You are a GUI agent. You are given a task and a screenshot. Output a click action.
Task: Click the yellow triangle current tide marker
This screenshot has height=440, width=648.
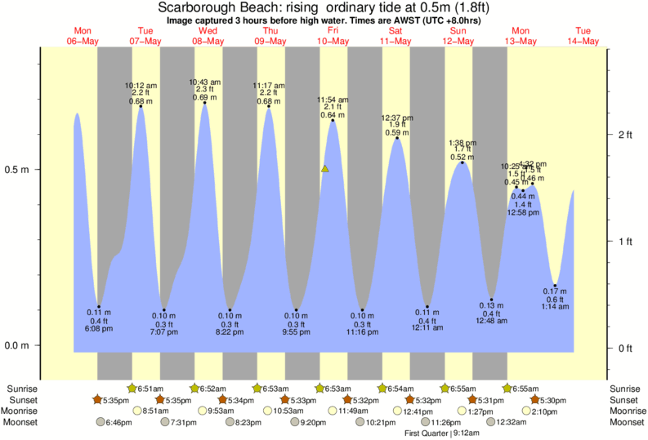coord(324,169)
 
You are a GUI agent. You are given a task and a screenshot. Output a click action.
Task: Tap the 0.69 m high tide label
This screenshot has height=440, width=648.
coord(204,97)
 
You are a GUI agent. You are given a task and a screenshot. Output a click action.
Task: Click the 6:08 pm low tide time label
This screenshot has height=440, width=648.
coord(99,329)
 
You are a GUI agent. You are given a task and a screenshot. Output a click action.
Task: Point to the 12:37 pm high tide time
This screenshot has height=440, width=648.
coord(397,118)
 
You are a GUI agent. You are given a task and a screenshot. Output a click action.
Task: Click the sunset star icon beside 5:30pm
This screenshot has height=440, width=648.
coord(534,400)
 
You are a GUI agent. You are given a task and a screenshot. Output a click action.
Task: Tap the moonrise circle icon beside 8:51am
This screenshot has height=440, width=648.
coord(137,411)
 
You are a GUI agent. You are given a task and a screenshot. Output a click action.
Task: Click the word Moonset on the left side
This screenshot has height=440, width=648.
coord(20,423)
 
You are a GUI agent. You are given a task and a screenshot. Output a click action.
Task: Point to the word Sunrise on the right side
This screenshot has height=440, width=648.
coord(625,389)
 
